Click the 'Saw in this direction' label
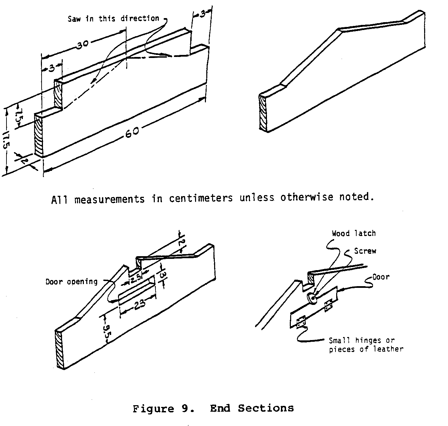tap(113, 18)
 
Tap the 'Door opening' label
tap(72, 282)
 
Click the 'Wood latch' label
tap(354, 234)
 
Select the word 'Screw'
tap(365, 251)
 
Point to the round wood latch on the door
tap(312, 298)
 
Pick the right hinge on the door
tap(328, 305)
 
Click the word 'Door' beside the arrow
tap(381, 277)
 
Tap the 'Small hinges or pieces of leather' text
tap(365, 345)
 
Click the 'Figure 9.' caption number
tap(163, 408)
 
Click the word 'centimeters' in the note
tap(201, 198)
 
